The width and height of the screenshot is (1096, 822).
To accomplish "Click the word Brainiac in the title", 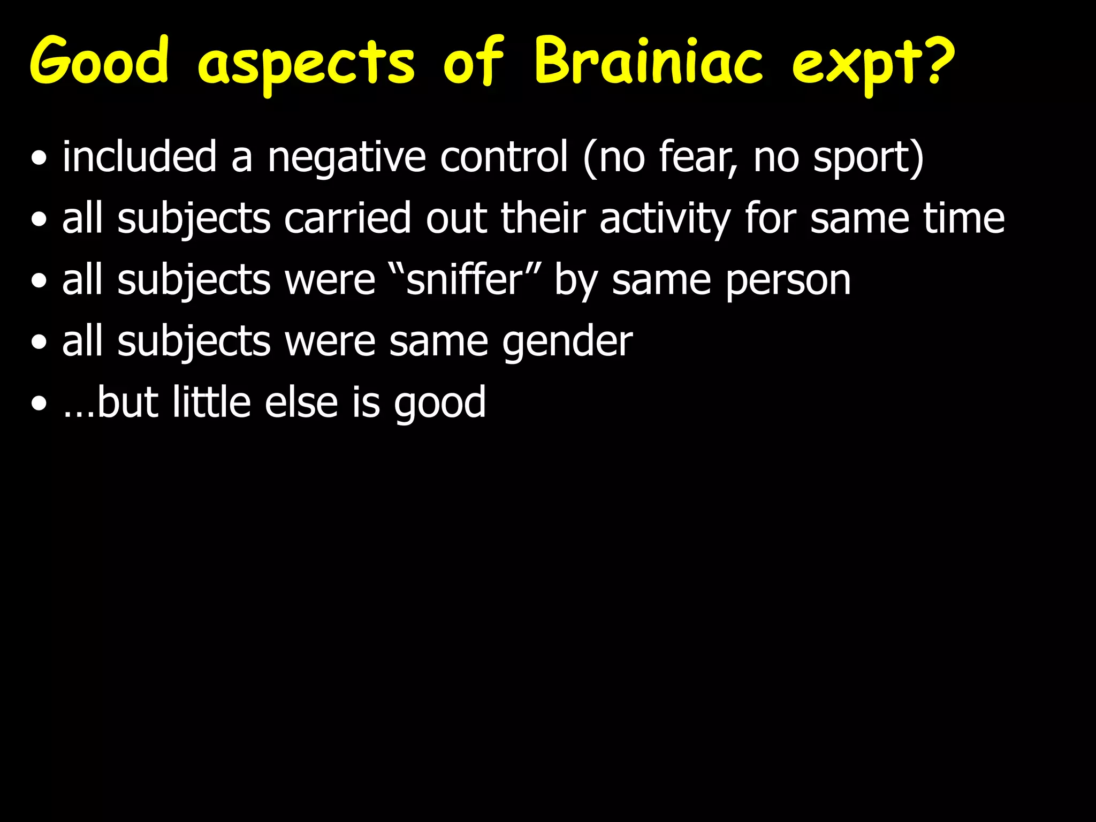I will [x=648, y=62].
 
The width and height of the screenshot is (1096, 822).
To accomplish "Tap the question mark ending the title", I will [x=937, y=60].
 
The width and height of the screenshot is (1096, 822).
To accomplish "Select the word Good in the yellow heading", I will [x=100, y=62].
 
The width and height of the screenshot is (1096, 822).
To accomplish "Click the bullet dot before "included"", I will [x=39, y=159].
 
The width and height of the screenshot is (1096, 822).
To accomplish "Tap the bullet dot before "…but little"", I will [x=39, y=405].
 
